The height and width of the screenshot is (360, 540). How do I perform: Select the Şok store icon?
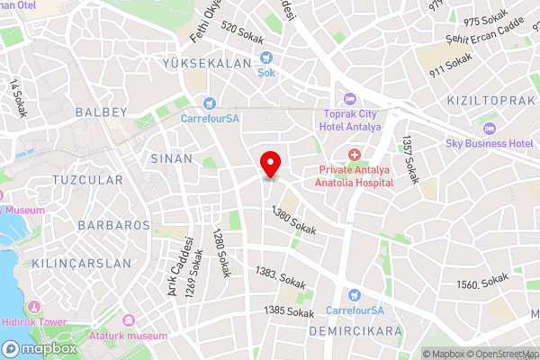(266, 58)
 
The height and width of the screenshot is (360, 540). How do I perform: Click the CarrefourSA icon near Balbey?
(210, 103)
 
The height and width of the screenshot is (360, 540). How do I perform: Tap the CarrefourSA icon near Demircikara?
(354, 295)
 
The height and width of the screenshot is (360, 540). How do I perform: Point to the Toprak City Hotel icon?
(350, 98)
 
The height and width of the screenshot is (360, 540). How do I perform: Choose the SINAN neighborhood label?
(171, 158)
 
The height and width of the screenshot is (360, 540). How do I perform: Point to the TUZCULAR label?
(87, 180)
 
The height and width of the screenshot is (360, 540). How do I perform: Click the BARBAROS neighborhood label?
(113, 224)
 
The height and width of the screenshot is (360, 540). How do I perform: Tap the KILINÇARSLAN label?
(81, 264)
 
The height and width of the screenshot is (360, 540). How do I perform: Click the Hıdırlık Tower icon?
(37, 308)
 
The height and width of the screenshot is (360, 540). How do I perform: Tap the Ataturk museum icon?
(128, 320)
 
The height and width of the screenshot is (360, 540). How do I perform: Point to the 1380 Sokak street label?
(294, 222)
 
